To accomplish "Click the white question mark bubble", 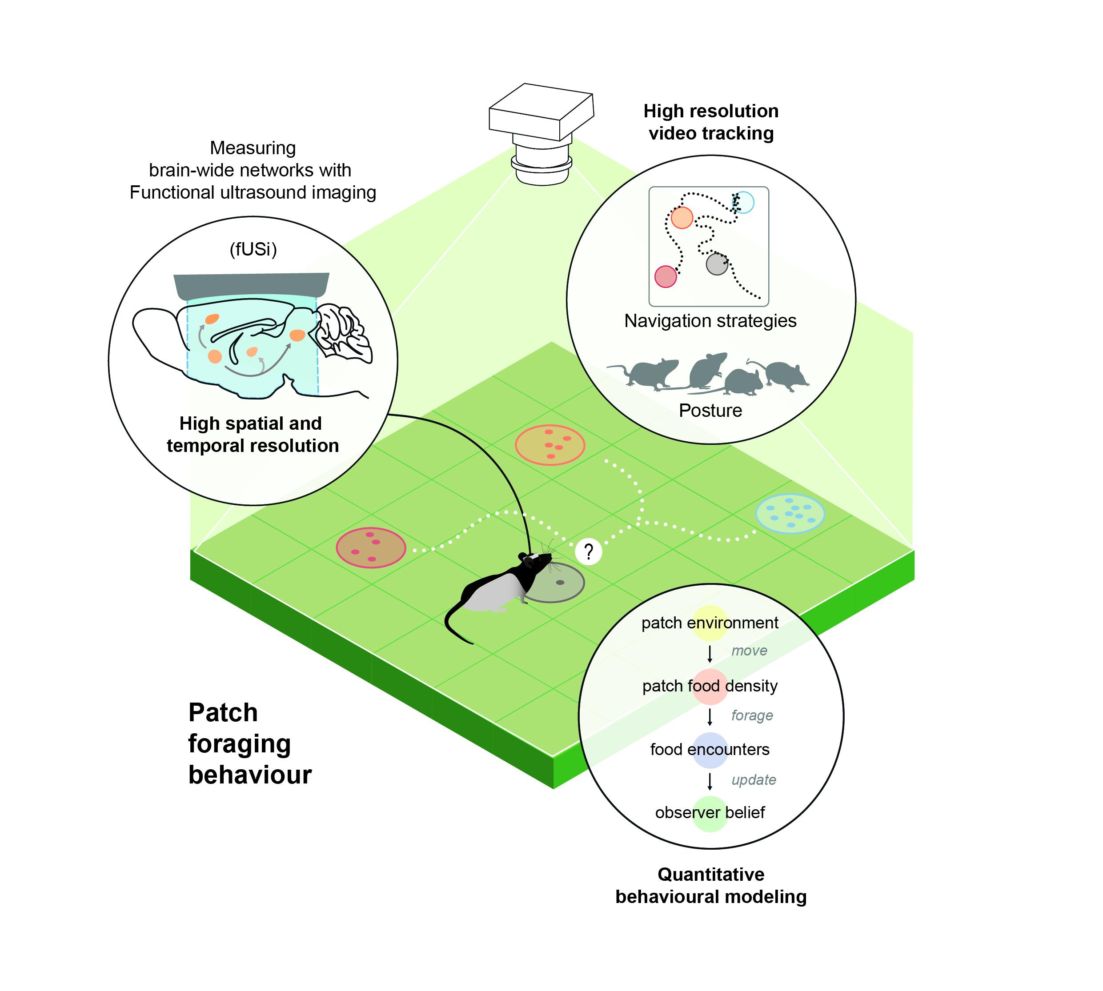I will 588,551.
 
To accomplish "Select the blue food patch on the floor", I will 790,513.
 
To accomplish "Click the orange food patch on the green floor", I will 550,445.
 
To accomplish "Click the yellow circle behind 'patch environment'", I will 709,622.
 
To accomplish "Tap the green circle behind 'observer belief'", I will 710,814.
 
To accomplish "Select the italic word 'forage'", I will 752,715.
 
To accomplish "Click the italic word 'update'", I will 753,780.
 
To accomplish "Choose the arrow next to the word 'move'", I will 710,653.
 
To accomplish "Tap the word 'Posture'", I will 710,411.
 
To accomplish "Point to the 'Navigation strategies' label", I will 710,321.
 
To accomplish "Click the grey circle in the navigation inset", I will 717,264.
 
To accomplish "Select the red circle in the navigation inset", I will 666,276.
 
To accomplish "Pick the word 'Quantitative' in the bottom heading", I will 711,874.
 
